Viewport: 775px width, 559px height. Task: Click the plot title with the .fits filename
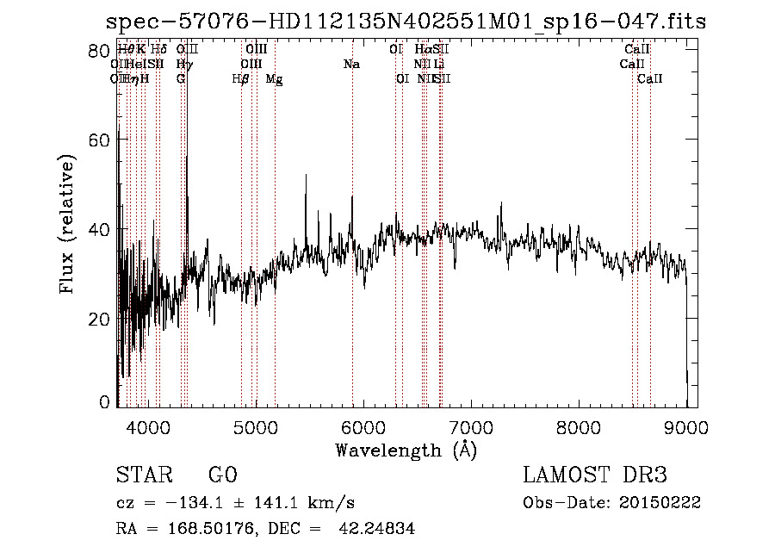tap(405, 22)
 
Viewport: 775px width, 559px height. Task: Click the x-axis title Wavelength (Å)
tap(406, 450)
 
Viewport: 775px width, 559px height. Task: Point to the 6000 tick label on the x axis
tap(363, 427)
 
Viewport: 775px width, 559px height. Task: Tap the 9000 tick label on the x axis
tap(686, 427)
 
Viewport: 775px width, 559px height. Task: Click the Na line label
tap(351, 65)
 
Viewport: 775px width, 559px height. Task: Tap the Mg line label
tap(274, 79)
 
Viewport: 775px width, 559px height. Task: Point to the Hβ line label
tap(241, 79)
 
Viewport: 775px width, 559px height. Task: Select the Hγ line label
tap(184, 65)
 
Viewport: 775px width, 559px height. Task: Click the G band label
tap(181, 79)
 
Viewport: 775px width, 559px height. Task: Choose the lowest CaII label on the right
tap(650, 79)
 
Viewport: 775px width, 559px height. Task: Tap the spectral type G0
tap(222, 475)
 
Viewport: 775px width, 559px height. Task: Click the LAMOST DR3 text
tap(594, 475)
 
